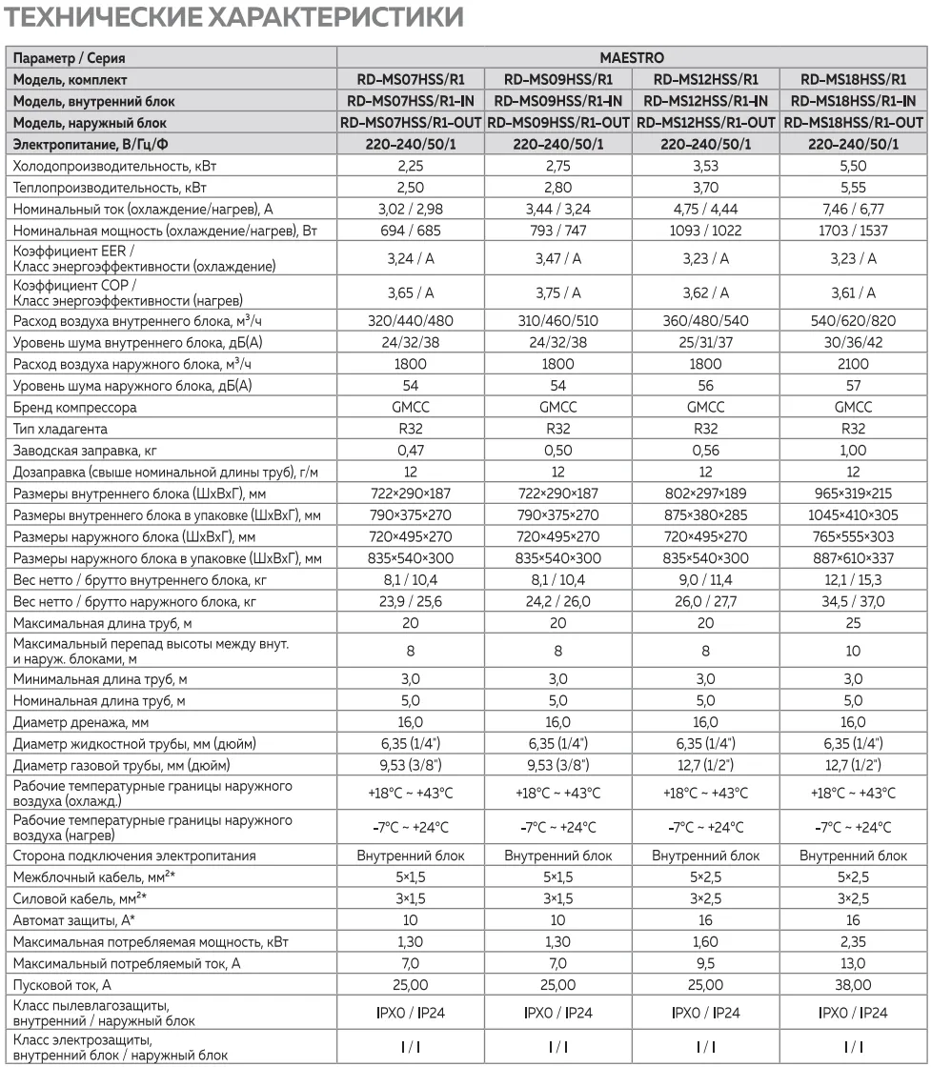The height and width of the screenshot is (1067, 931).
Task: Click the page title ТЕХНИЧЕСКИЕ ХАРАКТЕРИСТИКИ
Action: (235, 17)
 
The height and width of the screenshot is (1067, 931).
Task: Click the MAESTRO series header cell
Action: (632, 59)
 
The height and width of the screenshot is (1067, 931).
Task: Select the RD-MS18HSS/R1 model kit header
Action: (853, 80)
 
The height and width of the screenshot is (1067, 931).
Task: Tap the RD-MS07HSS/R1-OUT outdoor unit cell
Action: (412, 122)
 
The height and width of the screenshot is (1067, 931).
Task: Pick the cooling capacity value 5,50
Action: (853, 166)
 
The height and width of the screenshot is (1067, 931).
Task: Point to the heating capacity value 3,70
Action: (705, 188)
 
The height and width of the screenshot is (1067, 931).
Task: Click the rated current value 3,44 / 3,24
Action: (557, 209)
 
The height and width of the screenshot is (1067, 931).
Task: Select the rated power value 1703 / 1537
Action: (853, 230)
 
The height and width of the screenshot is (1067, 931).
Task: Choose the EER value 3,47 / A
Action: (557, 258)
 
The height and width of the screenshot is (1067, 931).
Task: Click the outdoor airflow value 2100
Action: (853, 365)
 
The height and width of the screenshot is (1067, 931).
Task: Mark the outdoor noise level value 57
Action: (853, 386)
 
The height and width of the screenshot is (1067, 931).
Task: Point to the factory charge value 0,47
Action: (412, 450)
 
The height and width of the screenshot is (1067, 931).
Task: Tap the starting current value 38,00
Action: (853, 985)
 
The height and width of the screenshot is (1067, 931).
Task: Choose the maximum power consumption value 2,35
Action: (853, 942)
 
